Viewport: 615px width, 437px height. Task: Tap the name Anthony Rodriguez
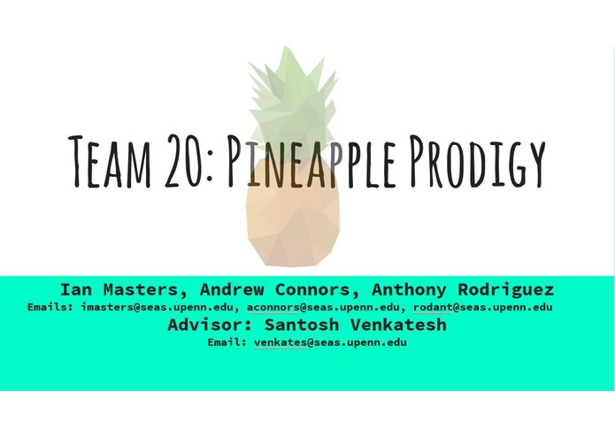coord(463,289)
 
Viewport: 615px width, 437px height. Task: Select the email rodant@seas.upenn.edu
coord(482,307)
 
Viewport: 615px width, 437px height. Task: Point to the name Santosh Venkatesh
coord(356,325)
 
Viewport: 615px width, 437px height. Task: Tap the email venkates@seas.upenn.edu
coord(330,341)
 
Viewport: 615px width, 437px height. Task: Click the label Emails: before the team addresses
coord(50,307)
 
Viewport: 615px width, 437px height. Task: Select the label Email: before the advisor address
coord(227,341)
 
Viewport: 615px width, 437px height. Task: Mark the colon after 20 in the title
coord(210,165)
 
